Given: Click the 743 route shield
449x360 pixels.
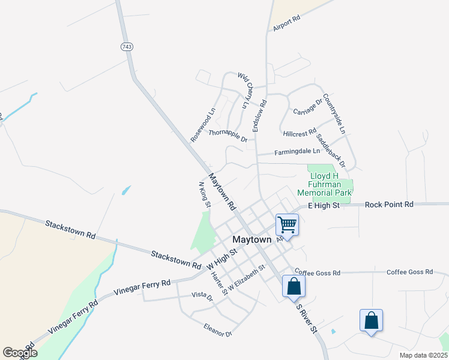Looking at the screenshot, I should point(126,47).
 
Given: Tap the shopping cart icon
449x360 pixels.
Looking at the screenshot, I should point(287,225).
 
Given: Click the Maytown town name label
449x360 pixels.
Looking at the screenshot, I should point(252,239).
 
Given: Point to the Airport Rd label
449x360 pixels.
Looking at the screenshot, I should point(286,23).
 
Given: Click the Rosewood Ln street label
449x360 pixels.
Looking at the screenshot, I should point(203,125).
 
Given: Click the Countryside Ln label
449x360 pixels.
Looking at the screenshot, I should point(334,113).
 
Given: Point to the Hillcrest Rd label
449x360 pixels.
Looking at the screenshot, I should point(299,132).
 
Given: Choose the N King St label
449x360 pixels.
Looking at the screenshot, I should point(204,194).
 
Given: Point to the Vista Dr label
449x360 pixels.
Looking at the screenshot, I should point(202,295).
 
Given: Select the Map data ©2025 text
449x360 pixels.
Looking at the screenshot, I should point(423,355).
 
